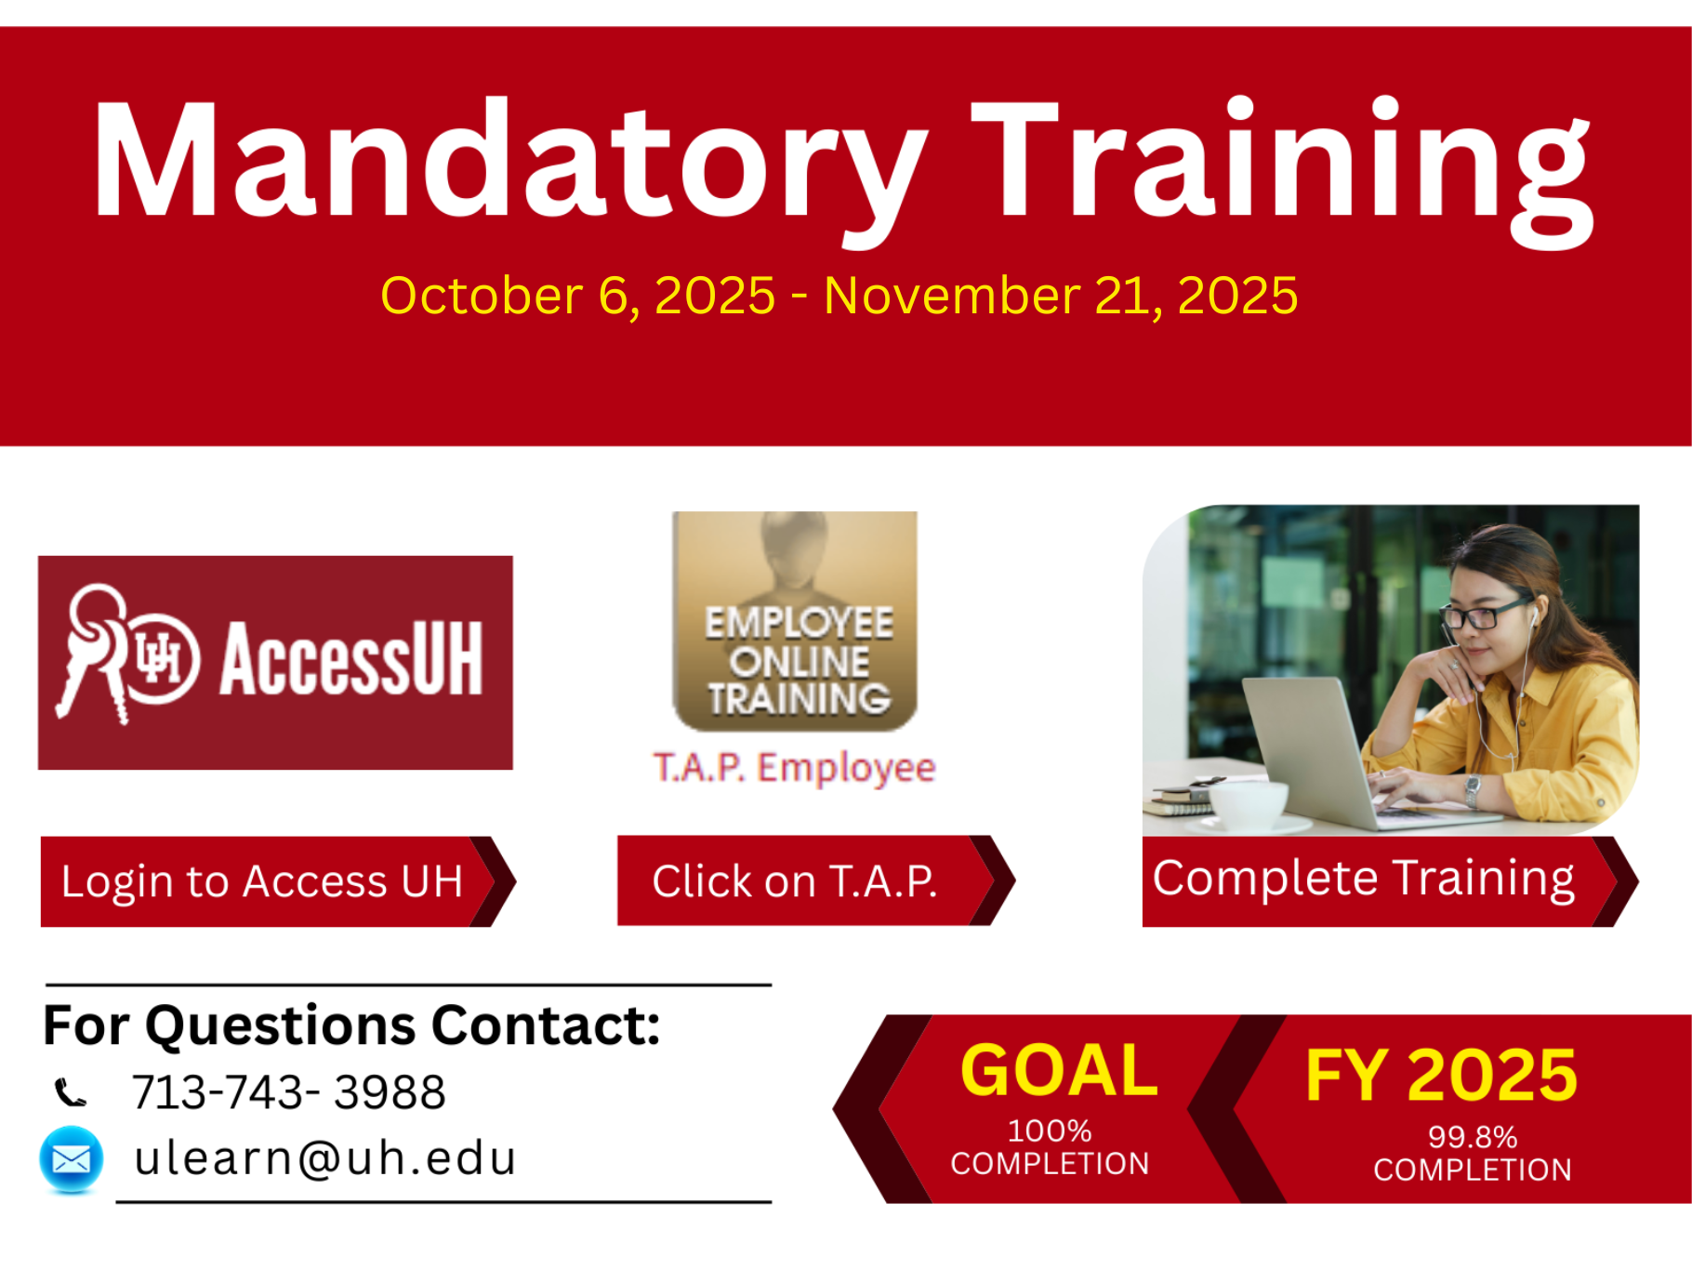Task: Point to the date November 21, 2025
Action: [1061, 296]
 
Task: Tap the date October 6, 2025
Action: [577, 296]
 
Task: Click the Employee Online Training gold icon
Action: [795, 621]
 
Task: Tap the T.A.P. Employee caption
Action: [795, 768]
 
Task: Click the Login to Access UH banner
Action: [277, 881]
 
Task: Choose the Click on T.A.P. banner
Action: [815, 880]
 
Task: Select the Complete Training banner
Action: [1389, 880]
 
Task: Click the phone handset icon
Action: [71, 1092]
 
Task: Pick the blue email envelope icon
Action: [72, 1159]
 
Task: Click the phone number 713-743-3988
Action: [288, 1091]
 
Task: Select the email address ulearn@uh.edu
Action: [324, 1158]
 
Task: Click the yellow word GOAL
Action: [1059, 1070]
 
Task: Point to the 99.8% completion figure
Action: [1473, 1137]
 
